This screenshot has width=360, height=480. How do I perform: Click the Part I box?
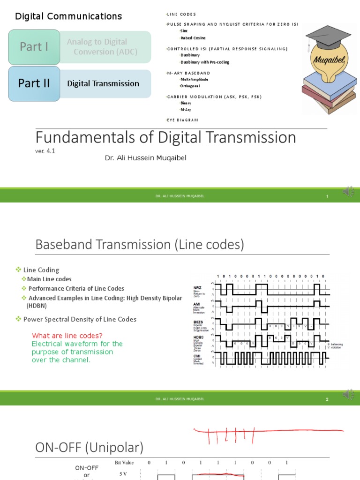pyautogui.click(x=34, y=47)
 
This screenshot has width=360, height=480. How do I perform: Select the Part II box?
pyautogui.click(x=34, y=83)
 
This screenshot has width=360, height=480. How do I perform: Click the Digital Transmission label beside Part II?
pyautogui.click(x=103, y=84)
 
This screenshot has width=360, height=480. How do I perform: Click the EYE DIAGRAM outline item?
pyautogui.click(x=183, y=120)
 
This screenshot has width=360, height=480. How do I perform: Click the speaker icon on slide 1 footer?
pyautogui.click(x=348, y=192)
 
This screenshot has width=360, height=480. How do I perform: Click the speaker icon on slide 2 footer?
pyautogui.click(x=348, y=395)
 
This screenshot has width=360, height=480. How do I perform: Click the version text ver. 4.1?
pyautogui.click(x=45, y=151)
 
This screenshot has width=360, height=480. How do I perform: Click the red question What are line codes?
pyautogui.click(x=67, y=336)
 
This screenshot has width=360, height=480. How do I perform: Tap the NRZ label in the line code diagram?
pyautogui.click(x=197, y=287)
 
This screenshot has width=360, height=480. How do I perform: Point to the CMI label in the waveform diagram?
pyautogui.click(x=197, y=356)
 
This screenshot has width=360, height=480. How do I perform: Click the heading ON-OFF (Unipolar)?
pyautogui.click(x=90, y=447)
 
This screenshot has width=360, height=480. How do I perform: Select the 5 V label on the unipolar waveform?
pyautogui.click(x=123, y=474)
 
